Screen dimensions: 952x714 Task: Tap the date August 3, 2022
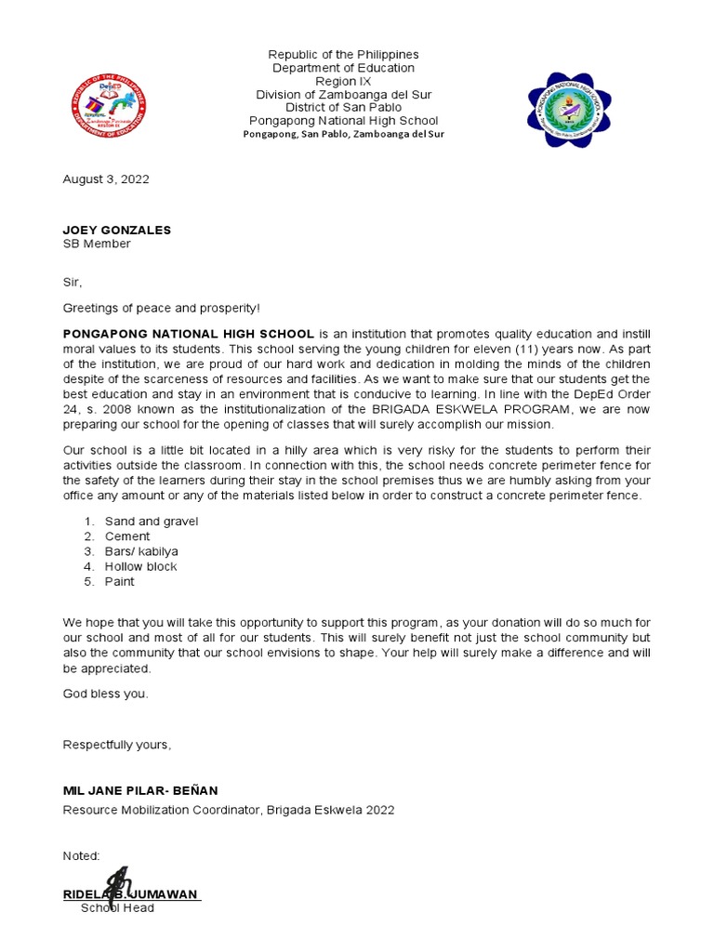click(x=105, y=179)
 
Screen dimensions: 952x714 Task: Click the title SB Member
click(x=97, y=244)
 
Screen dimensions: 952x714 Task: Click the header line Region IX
click(x=343, y=82)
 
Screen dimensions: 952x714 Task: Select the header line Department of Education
click(x=343, y=69)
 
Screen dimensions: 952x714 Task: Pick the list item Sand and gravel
click(x=152, y=522)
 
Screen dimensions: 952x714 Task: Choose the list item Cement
click(x=127, y=536)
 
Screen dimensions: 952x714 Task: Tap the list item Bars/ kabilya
click(x=141, y=551)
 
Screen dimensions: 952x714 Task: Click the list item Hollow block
click(x=140, y=566)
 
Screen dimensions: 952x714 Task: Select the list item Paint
click(x=119, y=581)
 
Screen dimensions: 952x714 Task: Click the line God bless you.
click(x=105, y=694)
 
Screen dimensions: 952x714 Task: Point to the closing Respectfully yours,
click(x=117, y=745)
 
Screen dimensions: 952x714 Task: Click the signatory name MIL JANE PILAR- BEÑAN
click(x=140, y=791)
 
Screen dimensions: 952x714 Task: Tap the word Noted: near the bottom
click(x=81, y=855)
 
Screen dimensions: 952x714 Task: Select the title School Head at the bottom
click(x=117, y=907)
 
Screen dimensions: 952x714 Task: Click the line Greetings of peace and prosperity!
click(x=162, y=308)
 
